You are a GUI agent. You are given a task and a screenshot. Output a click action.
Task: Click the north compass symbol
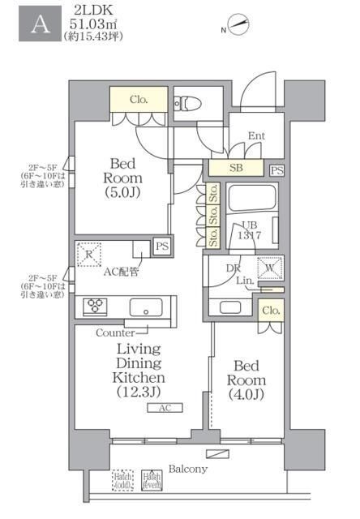[x=238, y=25]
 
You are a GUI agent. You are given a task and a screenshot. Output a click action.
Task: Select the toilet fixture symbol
[x=185, y=103]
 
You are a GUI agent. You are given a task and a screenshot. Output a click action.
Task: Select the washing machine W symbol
[x=269, y=267]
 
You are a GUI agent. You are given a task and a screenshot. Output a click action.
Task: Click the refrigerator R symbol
[x=89, y=254]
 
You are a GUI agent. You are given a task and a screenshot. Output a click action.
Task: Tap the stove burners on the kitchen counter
[x=96, y=307]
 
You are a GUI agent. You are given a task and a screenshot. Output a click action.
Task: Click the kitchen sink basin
[x=147, y=307]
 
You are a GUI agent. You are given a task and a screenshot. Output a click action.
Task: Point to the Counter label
[x=115, y=332]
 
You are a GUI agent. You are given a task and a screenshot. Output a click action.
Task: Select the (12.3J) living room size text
[x=139, y=392]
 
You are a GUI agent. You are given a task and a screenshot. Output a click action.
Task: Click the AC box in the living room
[x=165, y=409]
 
